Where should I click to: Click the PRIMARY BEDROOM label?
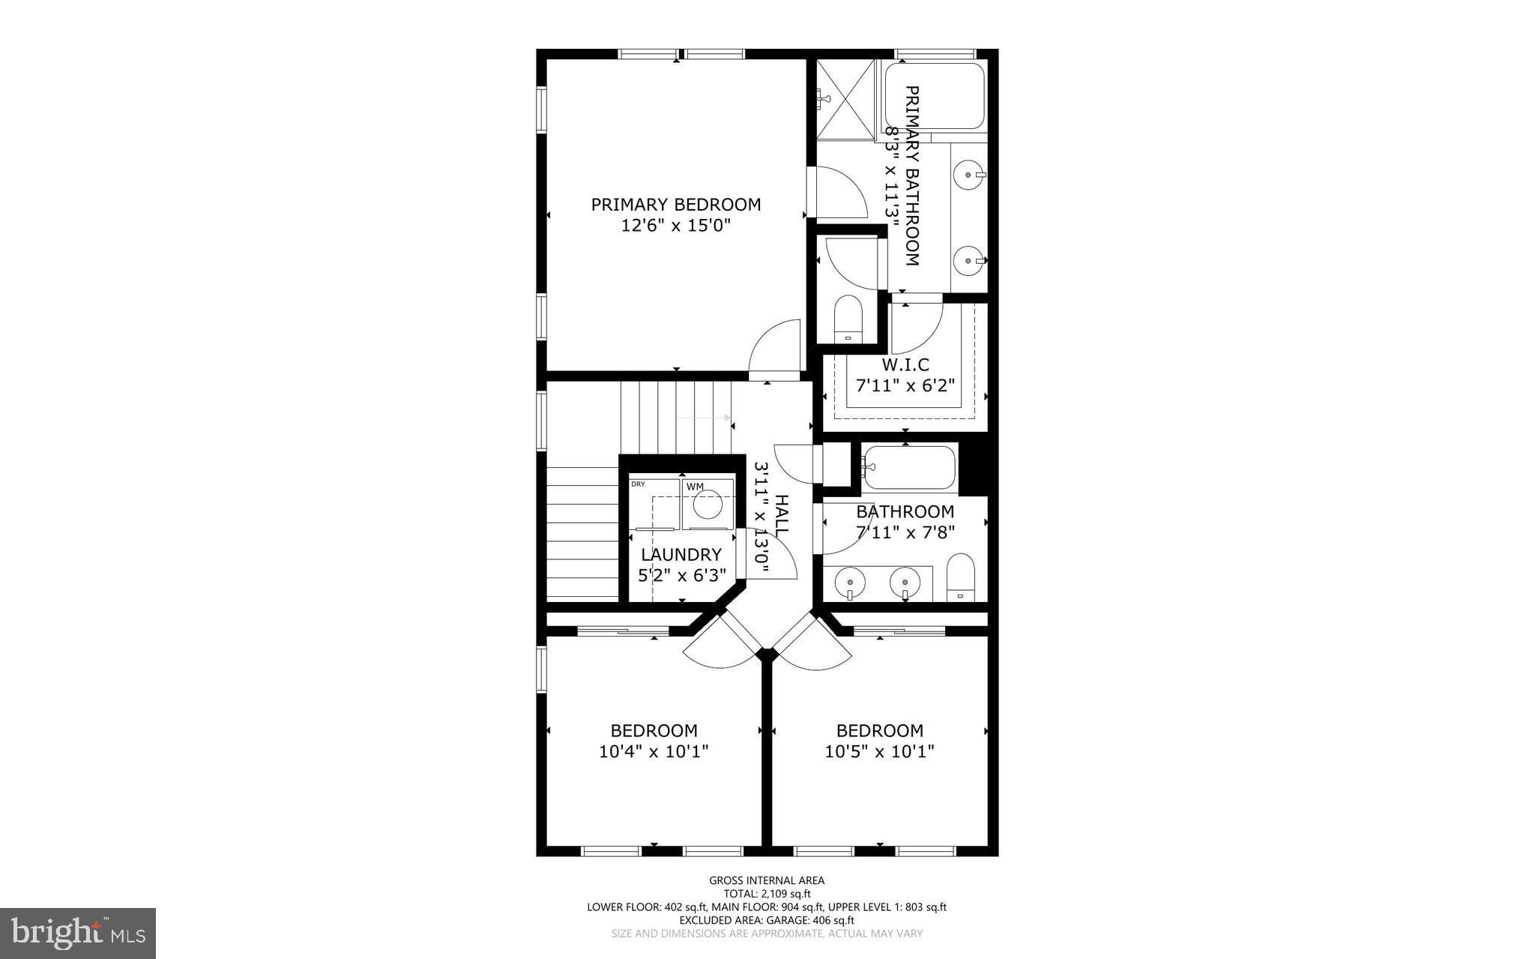point(675,205)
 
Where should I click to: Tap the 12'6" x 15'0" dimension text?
point(675,225)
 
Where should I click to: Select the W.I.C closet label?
point(905,365)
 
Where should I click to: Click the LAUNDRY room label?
point(681,555)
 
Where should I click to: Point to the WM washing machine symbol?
point(707,502)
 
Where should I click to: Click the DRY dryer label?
point(638,484)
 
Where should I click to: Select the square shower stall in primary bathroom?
point(845,100)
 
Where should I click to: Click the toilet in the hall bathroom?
point(960,577)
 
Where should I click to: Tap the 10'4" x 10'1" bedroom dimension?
point(654,751)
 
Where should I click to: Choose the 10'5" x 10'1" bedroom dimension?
point(880,751)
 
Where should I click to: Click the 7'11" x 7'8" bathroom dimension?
point(905,532)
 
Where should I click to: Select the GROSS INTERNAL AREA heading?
point(767,880)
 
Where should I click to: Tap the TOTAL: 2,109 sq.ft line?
point(767,894)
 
